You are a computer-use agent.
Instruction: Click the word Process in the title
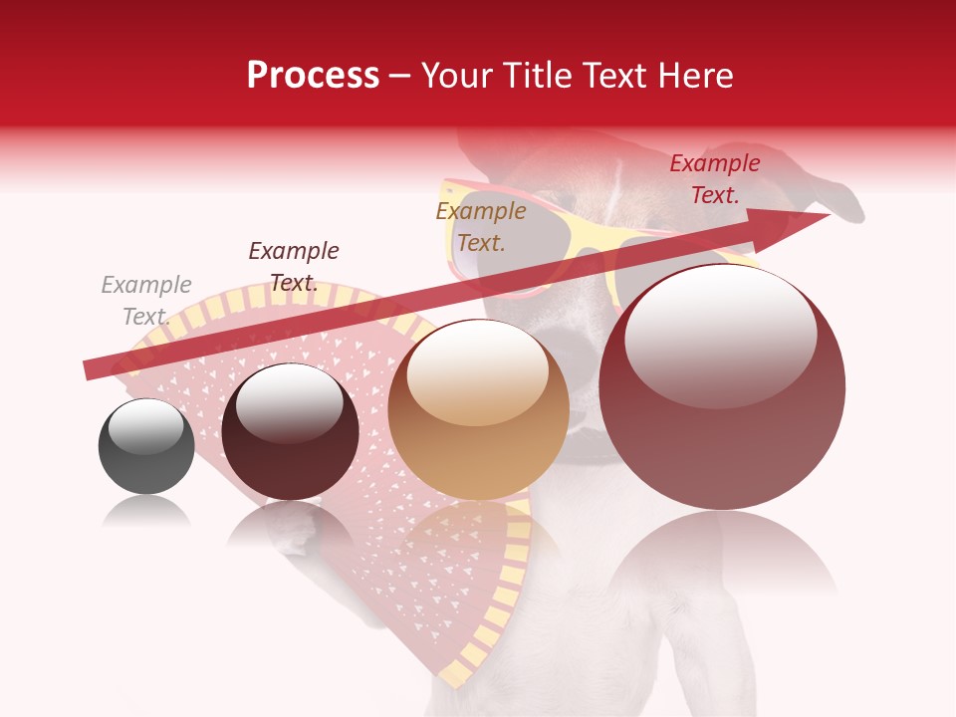pos(313,75)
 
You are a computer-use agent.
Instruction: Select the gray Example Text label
pos(146,301)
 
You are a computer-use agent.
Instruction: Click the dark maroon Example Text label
pos(294,267)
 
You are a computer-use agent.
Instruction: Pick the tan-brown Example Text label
pos(481,226)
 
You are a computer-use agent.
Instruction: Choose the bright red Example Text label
pos(715,179)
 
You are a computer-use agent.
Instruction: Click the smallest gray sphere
pos(146,458)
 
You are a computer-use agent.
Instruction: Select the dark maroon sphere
pos(290,443)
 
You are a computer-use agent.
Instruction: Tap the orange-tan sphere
pos(479,428)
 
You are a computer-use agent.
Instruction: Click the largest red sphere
pos(722,418)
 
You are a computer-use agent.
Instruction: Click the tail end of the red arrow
pos(90,369)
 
